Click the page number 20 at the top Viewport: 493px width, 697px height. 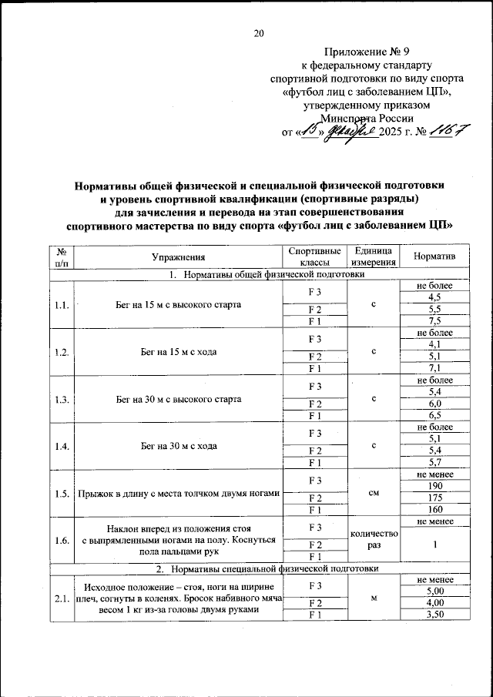point(258,32)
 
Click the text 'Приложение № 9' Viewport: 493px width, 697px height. point(361,52)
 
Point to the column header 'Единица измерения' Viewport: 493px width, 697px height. point(373,256)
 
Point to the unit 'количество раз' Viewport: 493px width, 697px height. point(373,539)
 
